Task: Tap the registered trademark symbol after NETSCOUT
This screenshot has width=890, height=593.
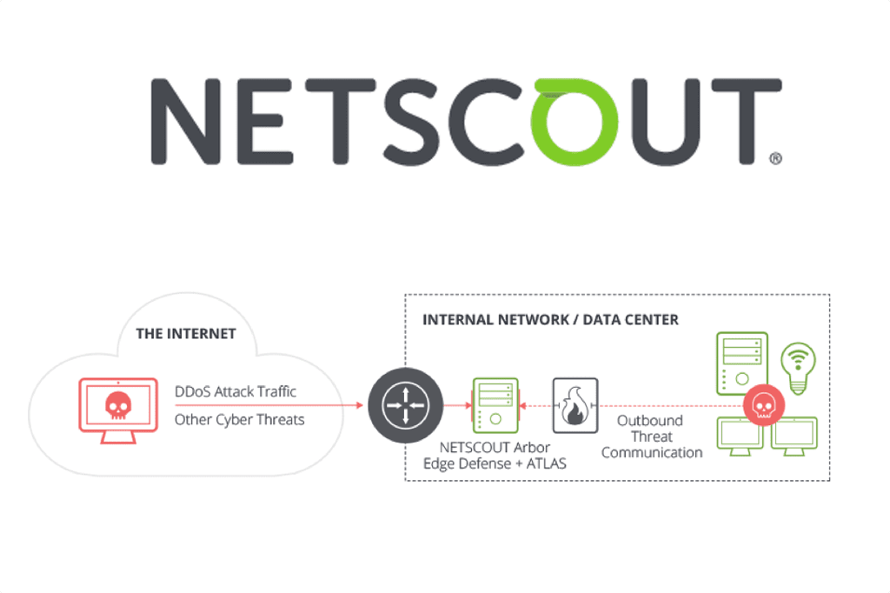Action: point(776,158)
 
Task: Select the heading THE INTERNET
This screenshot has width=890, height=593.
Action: point(186,333)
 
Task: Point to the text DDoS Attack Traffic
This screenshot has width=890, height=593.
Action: point(236,391)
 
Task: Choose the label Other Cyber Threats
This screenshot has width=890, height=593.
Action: point(240,419)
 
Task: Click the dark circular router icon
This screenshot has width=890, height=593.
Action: point(401,405)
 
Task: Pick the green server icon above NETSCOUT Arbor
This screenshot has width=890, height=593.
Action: point(494,405)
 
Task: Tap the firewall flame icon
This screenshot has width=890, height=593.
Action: point(575,405)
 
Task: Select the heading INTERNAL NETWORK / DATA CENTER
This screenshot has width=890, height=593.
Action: point(550,319)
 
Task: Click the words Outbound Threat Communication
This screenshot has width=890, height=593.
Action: point(651,436)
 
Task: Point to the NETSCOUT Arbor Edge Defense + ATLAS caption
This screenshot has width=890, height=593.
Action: point(494,456)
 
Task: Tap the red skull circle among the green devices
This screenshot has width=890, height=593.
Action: point(763,404)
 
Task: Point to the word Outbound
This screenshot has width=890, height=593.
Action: point(650,421)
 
